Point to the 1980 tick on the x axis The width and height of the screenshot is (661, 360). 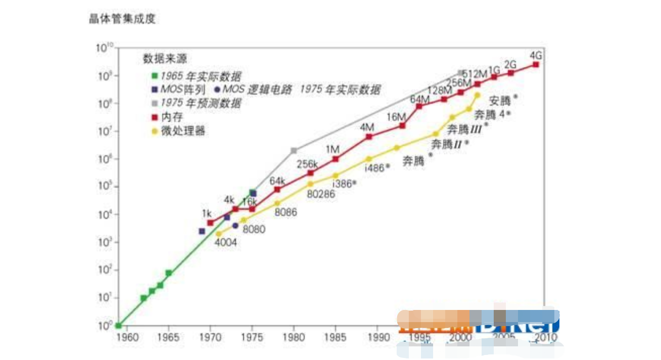(x=294, y=337)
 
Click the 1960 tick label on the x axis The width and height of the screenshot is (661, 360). (x=127, y=337)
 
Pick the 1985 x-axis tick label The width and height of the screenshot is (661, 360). (x=336, y=337)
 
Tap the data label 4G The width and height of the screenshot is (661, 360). (x=537, y=55)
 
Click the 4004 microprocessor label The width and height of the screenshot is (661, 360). (x=226, y=243)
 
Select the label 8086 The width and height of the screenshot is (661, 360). (x=286, y=212)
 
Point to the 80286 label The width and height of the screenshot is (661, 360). (x=321, y=194)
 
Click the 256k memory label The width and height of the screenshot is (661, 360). (x=307, y=164)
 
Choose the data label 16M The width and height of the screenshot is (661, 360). (x=396, y=117)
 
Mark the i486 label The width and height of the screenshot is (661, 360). (x=374, y=168)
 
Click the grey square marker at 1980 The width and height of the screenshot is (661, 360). (x=294, y=150)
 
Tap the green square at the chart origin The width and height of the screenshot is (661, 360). (x=118, y=326)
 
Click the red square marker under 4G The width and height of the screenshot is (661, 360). (x=536, y=65)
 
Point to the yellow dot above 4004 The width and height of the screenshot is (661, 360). (x=218, y=234)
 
